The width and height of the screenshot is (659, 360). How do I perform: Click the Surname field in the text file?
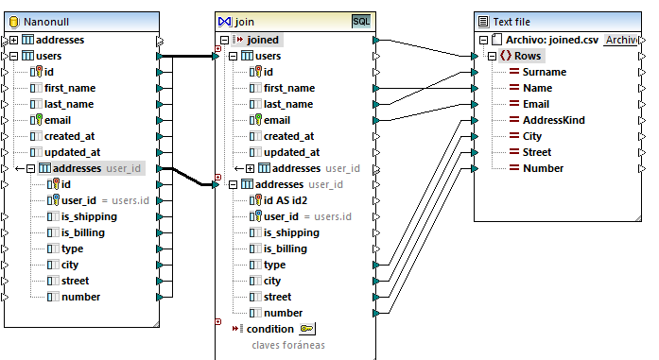click(x=544, y=72)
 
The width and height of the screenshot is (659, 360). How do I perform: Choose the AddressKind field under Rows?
click(x=553, y=120)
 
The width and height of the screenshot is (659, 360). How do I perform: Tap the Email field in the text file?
click(x=537, y=104)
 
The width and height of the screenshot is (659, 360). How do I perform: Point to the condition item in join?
click(x=269, y=329)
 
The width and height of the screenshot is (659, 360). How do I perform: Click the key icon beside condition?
click(x=307, y=329)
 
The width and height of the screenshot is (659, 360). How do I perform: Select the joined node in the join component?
click(x=263, y=40)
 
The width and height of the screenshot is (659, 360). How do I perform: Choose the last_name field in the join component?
click(x=288, y=104)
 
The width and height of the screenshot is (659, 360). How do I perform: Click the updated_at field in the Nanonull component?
click(x=79, y=152)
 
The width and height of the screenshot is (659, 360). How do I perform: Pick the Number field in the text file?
click(x=543, y=168)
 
